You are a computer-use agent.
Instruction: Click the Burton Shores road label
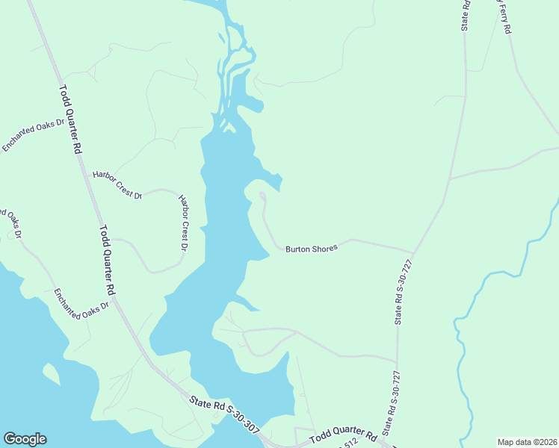click(312, 248)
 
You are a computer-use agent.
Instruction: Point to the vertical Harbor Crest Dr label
click(184, 223)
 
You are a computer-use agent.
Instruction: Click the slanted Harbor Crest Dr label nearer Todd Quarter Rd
click(117, 184)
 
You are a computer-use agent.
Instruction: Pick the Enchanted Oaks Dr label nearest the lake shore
click(81, 306)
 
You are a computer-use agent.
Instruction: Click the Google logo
click(25, 439)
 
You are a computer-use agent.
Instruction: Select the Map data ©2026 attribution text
click(526, 441)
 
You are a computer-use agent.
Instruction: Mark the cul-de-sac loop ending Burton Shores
click(262, 197)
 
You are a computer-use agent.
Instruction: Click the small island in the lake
click(51, 372)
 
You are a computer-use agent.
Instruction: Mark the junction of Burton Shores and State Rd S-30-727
click(413, 252)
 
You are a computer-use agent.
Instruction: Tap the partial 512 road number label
click(345, 444)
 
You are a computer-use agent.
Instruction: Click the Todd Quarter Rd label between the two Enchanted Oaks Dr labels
click(107, 260)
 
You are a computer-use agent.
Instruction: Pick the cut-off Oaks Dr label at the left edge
click(12, 223)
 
